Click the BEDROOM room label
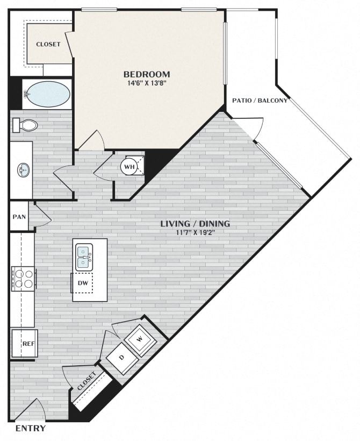(x=147, y=74)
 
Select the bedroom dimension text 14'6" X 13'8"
(x=147, y=83)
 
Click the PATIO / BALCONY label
(x=260, y=101)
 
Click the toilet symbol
(x=26, y=125)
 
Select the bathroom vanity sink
(x=23, y=171)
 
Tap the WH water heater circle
(x=129, y=167)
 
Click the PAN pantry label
(x=19, y=217)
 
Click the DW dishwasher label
(x=83, y=282)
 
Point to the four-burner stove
(x=23, y=278)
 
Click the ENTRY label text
(x=30, y=429)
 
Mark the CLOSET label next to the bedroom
(x=48, y=44)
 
